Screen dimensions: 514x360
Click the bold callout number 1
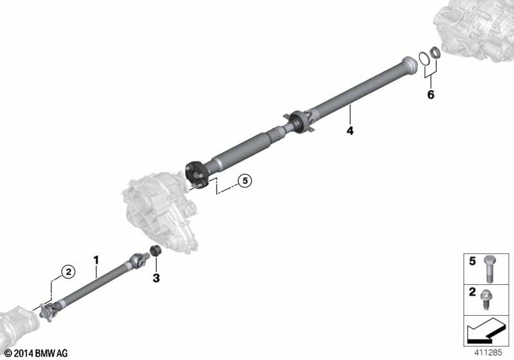click(x=96, y=260)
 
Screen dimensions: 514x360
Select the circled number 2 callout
click(x=69, y=272)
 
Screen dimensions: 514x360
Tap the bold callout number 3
click(x=156, y=278)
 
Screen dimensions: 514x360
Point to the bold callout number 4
click(x=350, y=130)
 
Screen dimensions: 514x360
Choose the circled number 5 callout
click(x=245, y=181)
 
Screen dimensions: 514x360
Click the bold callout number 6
click(x=430, y=94)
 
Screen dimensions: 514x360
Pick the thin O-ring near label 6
click(x=424, y=59)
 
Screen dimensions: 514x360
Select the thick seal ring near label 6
click(x=435, y=53)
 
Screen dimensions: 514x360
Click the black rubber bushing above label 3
click(x=155, y=251)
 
